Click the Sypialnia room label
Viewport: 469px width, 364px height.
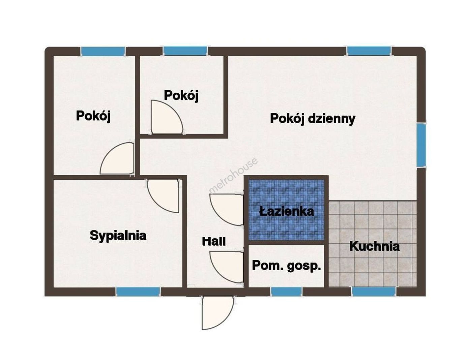click(118, 236)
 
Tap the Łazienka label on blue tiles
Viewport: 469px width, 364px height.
click(286, 211)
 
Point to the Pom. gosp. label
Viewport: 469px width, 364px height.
click(286, 266)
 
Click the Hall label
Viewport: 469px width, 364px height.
click(214, 241)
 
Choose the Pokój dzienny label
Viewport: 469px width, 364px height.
click(313, 119)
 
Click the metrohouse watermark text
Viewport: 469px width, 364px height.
click(233, 176)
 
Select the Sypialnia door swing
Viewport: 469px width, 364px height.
click(163, 196)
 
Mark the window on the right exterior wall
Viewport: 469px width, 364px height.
click(421, 144)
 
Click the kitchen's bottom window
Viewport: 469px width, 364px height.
click(373, 292)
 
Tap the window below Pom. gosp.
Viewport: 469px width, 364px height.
click(286, 292)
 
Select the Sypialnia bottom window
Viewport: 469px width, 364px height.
click(138, 292)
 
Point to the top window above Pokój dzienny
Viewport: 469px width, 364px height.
click(369, 51)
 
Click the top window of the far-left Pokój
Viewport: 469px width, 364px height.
click(103, 51)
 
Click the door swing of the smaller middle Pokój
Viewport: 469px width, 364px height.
click(167, 117)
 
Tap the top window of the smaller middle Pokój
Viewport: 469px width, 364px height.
click(185, 51)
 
